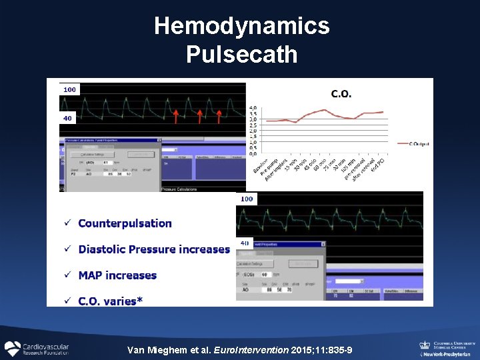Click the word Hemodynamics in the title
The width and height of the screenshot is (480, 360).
pos(241,27)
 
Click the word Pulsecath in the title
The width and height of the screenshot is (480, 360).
pos(241,54)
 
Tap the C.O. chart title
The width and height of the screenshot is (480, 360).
pos(341,95)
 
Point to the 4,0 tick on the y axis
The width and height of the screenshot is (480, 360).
pos(254,107)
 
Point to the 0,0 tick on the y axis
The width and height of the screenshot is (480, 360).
pos(254,154)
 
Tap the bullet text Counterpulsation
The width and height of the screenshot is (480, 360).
pos(125,223)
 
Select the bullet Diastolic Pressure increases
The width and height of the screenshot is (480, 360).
pos(154,249)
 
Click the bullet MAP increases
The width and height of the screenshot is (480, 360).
pos(117,275)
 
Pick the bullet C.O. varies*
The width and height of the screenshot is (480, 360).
pos(110,301)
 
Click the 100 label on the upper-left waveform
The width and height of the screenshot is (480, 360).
pos(69,89)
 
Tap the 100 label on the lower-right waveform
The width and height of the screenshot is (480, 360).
pos(247,199)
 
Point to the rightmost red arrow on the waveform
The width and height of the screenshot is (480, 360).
pos(218,117)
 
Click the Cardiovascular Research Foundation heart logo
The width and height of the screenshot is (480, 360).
pos(13,348)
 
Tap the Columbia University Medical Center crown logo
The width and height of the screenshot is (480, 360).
pos(424,345)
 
